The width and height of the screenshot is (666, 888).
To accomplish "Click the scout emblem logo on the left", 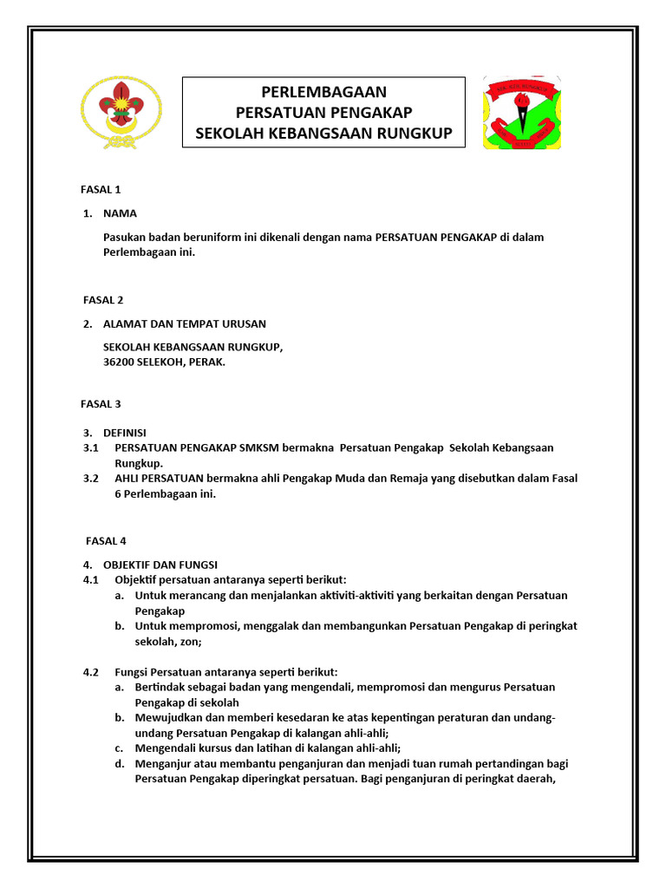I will click(x=114, y=112).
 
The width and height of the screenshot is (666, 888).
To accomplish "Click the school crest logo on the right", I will click(x=521, y=112).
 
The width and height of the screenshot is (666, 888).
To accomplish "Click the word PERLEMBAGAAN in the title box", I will click(x=323, y=93).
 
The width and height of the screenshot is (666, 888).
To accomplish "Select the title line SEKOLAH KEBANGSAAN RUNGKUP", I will click(x=323, y=134).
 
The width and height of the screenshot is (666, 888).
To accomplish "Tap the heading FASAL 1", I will click(x=102, y=189).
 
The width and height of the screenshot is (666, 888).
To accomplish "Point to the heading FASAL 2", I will click(x=102, y=300).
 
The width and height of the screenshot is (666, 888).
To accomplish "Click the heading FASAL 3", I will click(x=102, y=403).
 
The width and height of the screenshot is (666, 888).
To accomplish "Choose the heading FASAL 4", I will click(x=105, y=541).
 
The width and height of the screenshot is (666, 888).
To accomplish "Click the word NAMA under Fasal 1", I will click(x=120, y=213).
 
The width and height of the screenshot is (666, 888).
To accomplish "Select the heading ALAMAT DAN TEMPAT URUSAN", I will click(x=185, y=324).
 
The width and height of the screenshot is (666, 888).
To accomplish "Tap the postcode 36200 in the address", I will click(x=119, y=362).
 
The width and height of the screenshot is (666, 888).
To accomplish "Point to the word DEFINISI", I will click(x=125, y=433).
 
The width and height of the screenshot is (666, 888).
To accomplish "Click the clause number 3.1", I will click(x=91, y=447).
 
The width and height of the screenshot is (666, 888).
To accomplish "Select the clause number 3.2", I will click(x=91, y=478).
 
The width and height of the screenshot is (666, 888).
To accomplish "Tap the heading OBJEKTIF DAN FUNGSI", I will click(x=160, y=565).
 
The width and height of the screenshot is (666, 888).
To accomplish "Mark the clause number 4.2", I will click(x=91, y=672).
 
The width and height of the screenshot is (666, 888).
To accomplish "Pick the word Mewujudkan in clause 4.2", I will click(x=164, y=718).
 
